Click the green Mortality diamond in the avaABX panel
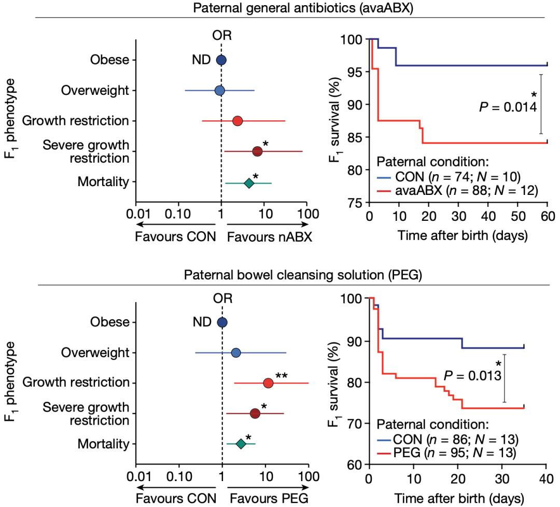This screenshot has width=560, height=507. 249,182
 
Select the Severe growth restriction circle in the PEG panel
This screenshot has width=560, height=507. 255,413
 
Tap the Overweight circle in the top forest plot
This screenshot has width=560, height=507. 219,91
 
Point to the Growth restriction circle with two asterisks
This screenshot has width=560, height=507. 268,383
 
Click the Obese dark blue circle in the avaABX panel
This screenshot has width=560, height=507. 221,60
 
